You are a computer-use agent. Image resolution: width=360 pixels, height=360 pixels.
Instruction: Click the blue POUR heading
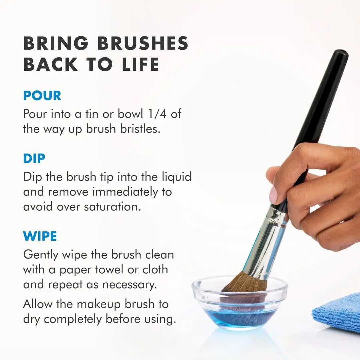[x=42, y=96]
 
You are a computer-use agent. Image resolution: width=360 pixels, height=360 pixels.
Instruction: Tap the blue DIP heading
[x=34, y=159]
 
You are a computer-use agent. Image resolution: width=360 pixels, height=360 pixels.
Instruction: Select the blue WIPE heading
[x=40, y=236]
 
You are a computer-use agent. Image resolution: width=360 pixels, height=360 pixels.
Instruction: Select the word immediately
[x=132, y=192]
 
